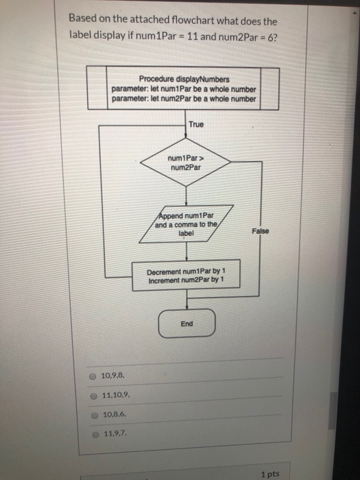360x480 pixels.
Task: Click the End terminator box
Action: (x=187, y=324)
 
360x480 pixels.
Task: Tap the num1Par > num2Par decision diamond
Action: (x=185, y=163)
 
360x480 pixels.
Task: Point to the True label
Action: (x=195, y=124)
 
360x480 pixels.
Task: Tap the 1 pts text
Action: (x=270, y=473)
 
